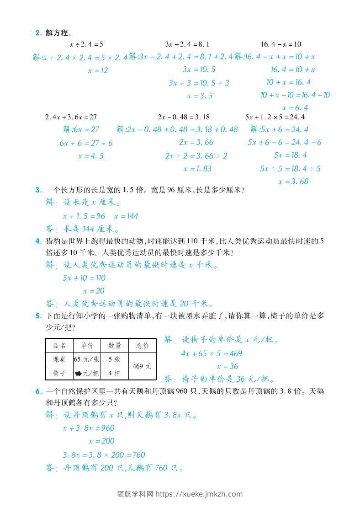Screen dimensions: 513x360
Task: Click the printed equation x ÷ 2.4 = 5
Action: [86, 44]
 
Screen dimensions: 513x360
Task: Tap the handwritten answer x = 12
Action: [97, 70]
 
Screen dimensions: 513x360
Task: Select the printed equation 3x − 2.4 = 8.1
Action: [187, 44]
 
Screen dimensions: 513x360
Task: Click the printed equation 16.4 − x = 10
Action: [281, 44]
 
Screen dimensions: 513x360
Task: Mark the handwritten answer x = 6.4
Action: [295, 108]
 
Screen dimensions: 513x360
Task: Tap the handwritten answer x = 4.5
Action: [90, 156]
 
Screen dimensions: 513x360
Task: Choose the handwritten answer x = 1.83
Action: [197, 169]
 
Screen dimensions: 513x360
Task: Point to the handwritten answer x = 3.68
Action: [293, 182]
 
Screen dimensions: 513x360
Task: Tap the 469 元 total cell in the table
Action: [142, 366]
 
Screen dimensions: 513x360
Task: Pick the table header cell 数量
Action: [114, 346]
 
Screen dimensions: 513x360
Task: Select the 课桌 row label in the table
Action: [59, 359]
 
